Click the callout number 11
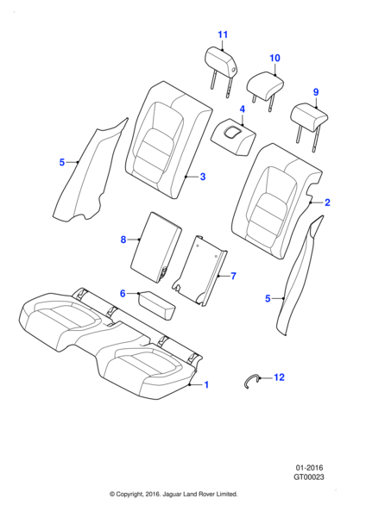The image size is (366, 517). (223, 34)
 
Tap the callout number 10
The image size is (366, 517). (274, 58)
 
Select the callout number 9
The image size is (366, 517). (316, 92)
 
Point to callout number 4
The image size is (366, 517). (242, 109)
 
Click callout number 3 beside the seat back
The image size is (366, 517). (203, 177)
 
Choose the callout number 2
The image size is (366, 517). (327, 202)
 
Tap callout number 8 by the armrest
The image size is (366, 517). (123, 240)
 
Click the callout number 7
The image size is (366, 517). (234, 276)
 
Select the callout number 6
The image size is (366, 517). (123, 293)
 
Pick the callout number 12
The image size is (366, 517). (279, 377)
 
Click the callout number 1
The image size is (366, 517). (206, 385)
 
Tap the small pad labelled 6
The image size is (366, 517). (157, 305)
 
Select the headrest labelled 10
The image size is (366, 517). (265, 86)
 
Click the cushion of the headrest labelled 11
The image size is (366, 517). (221, 62)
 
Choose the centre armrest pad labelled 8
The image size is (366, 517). (156, 247)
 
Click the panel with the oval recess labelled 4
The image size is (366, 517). (234, 136)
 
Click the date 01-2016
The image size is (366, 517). (309, 468)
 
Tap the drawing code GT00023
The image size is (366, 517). (309, 477)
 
